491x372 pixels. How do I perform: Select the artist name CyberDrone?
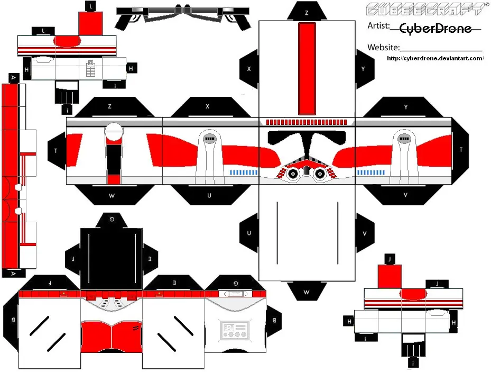tap(436, 29)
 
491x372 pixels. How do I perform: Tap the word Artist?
tap(378, 26)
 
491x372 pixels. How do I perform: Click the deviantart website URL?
tap(436, 58)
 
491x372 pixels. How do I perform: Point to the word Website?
tap(384, 47)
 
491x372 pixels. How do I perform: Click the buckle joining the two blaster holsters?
tap(183, 10)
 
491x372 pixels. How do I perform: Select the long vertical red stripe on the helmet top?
tap(307, 69)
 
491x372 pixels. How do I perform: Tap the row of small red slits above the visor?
tap(306, 122)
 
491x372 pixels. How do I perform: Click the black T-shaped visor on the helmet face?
tap(307, 141)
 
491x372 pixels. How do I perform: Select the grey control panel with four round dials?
tap(235, 330)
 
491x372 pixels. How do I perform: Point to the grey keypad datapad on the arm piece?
tap(90, 69)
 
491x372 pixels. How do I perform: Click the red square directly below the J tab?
tap(390, 276)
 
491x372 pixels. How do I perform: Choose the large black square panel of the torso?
tap(112, 259)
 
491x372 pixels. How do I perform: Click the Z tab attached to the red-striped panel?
tap(307, 12)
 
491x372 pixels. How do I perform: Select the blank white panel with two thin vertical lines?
tap(307, 233)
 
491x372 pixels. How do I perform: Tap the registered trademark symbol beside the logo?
tap(487, 5)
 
